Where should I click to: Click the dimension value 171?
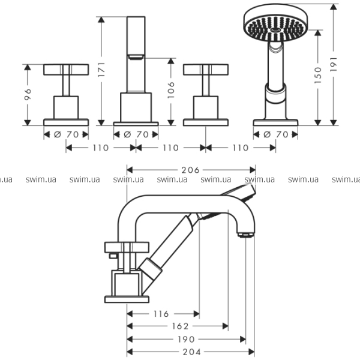[102, 70]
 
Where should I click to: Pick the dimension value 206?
[191, 170]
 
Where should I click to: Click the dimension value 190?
[186, 339]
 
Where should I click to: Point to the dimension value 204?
[191, 352]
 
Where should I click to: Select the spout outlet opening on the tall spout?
[136, 57]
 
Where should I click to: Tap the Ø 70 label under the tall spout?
[136, 134]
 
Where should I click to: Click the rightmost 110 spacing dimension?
[240, 148]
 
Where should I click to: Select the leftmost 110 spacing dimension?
[100, 148]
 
